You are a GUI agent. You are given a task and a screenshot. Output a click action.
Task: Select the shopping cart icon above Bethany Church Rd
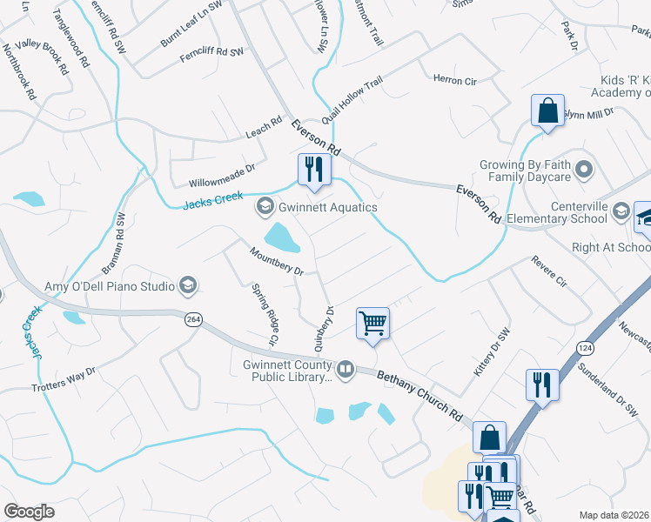pos(372,324)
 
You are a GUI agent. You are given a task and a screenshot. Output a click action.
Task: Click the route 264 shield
pos(193,320)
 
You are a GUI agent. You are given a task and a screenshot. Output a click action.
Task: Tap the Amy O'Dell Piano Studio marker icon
pos(187,285)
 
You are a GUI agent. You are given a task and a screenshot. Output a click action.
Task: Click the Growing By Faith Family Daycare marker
pos(583,168)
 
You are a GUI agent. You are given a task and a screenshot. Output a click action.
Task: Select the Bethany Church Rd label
pos(419,395)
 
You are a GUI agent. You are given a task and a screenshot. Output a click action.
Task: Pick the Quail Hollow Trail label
pos(352,101)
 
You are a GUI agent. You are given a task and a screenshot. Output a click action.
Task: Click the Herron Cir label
pos(455,80)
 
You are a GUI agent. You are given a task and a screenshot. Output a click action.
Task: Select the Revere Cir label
pos(549,271)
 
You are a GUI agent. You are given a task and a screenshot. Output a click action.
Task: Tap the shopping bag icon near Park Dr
pos(547,111)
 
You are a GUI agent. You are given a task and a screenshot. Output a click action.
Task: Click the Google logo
pos(30,512)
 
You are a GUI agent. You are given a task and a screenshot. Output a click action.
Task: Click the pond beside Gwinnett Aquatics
pos(278,235)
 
